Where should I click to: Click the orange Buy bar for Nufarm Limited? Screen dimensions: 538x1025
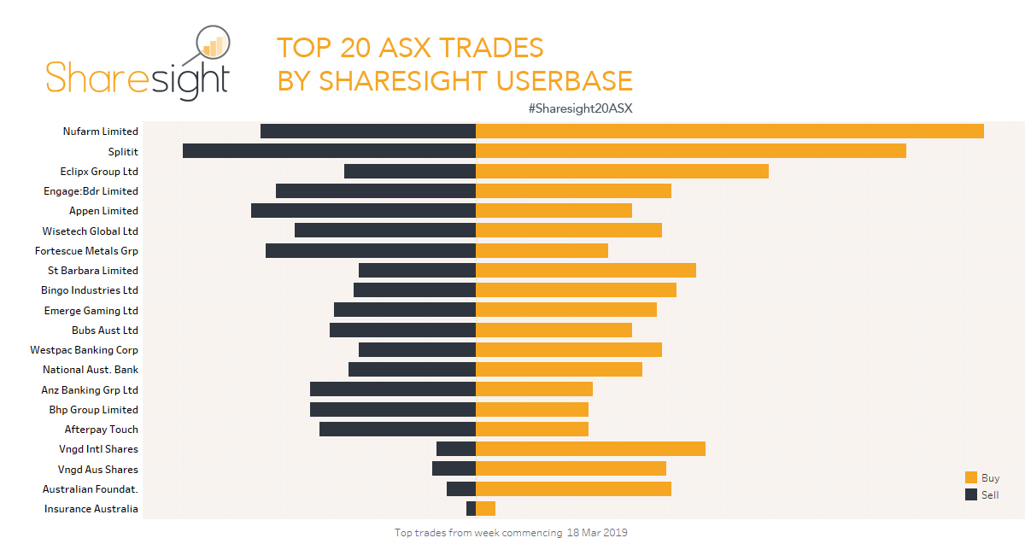tap(729, 131)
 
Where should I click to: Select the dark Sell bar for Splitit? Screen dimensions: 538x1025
tap(329, 150)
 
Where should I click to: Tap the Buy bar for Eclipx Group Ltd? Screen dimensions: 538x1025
tap(622, 171)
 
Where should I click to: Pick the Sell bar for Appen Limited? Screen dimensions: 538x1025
tap(363, 210)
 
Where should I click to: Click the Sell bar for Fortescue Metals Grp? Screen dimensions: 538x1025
tap(370, 250)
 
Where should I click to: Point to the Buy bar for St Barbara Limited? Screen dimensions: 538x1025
tap(586, 270)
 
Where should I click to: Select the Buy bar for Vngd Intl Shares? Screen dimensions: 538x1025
tap(590, 449)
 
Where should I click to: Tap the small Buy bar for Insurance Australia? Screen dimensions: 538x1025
tap(485, 509)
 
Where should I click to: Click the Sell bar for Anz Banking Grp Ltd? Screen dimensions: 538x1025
tap(392, 389)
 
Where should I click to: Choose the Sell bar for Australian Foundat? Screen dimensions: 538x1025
tap(460, 488)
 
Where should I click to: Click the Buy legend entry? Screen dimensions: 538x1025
tap(982, 478)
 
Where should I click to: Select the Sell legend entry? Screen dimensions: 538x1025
tap(982, 495)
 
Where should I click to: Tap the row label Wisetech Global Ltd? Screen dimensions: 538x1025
tap(90, 231)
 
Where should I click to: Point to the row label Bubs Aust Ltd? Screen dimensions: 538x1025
tap(104, 330)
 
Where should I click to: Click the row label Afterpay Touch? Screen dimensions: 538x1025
tap(101, 430)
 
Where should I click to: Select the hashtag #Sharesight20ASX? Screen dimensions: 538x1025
tap(580, 108)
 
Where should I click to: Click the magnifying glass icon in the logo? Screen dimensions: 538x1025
tap(212, 47)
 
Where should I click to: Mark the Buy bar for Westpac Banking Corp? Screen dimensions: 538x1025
tap(568, 349)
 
